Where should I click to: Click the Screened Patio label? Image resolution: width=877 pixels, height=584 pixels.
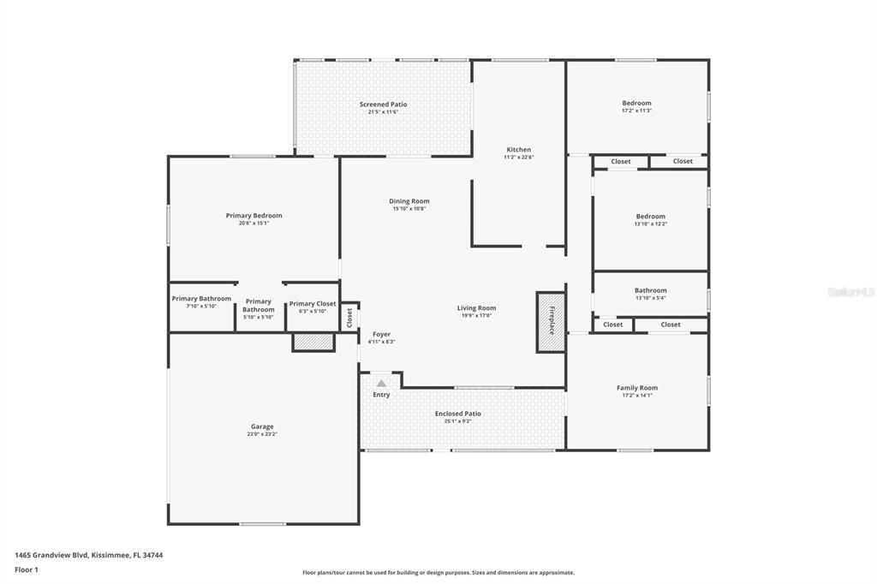(383, 104)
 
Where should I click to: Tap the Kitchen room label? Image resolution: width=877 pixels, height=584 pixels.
(518, 150)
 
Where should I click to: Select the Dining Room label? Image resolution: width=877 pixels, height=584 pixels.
(409, 201)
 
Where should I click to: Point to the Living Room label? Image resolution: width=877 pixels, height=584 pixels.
(476, 308)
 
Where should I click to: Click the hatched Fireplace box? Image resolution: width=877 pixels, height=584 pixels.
(550, 321)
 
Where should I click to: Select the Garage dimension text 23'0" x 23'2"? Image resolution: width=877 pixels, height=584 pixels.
(262, 434)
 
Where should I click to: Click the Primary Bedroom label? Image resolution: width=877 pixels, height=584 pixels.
(254, 216)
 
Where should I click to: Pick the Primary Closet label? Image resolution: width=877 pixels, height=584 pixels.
(313, 303)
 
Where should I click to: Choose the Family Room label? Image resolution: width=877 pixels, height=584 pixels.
(637, 388)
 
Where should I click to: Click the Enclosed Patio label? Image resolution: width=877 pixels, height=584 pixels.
(457, 414)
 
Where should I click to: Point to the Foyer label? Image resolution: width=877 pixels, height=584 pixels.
(381, 334)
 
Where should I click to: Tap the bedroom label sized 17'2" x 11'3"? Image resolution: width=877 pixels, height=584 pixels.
(636, 104)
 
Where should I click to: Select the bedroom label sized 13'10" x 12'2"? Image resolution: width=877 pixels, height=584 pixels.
(650, 217)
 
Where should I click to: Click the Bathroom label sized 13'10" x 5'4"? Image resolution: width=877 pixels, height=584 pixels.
(650, 290)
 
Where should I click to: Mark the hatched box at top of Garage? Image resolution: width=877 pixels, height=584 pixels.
(313, 342)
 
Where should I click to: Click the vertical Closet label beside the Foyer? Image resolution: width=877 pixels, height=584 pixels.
(349, 317)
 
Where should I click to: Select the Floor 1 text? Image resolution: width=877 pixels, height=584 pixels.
(27, 569)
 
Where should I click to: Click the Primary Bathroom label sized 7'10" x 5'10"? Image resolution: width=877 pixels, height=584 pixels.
(201, 299)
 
